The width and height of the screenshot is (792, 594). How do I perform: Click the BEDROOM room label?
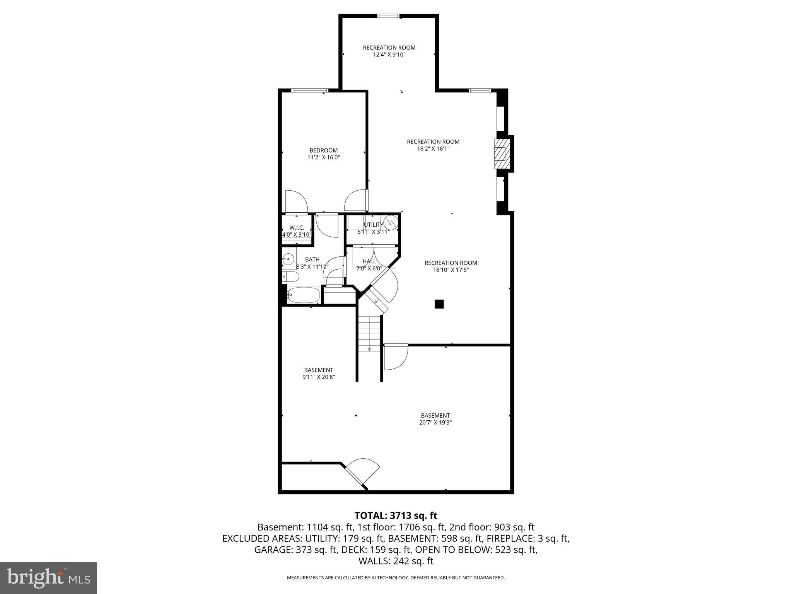[x=323, y=150]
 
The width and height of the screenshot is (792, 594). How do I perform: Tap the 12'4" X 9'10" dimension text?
[x=389, y=55]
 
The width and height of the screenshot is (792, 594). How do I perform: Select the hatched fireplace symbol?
[x=501, y=154]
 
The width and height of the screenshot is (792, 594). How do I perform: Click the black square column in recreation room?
[x=439, y=304]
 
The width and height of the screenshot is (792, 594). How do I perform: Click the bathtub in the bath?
[x=304, y=295]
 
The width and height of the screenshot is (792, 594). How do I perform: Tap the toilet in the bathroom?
[x=290, y=277]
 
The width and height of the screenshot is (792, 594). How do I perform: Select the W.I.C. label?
[x=297, y=228]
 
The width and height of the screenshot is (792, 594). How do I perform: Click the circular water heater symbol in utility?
[x=392, y=223]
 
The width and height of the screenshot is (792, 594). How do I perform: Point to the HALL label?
[x=369, y=261]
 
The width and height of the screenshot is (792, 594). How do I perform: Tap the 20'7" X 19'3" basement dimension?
[x=435, y=423]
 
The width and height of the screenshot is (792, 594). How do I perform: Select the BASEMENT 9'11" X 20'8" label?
[x=318, y=373]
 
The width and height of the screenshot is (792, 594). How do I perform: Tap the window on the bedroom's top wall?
[x=310, y=90]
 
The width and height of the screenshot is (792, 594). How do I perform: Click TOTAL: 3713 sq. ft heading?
[x=396, y=515]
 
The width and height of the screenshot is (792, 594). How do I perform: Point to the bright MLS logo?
[x=48, y=578]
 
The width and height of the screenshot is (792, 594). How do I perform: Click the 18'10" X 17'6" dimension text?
[x=451, y=270]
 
